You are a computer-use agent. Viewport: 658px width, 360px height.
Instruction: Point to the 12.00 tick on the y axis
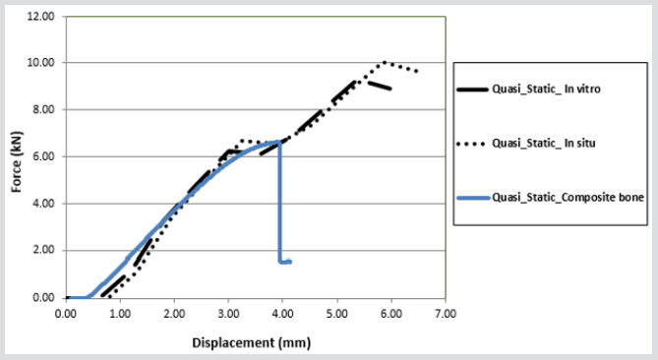41,16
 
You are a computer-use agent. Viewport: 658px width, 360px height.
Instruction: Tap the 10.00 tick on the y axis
41,63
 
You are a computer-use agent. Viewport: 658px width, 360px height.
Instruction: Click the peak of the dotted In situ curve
385,62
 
